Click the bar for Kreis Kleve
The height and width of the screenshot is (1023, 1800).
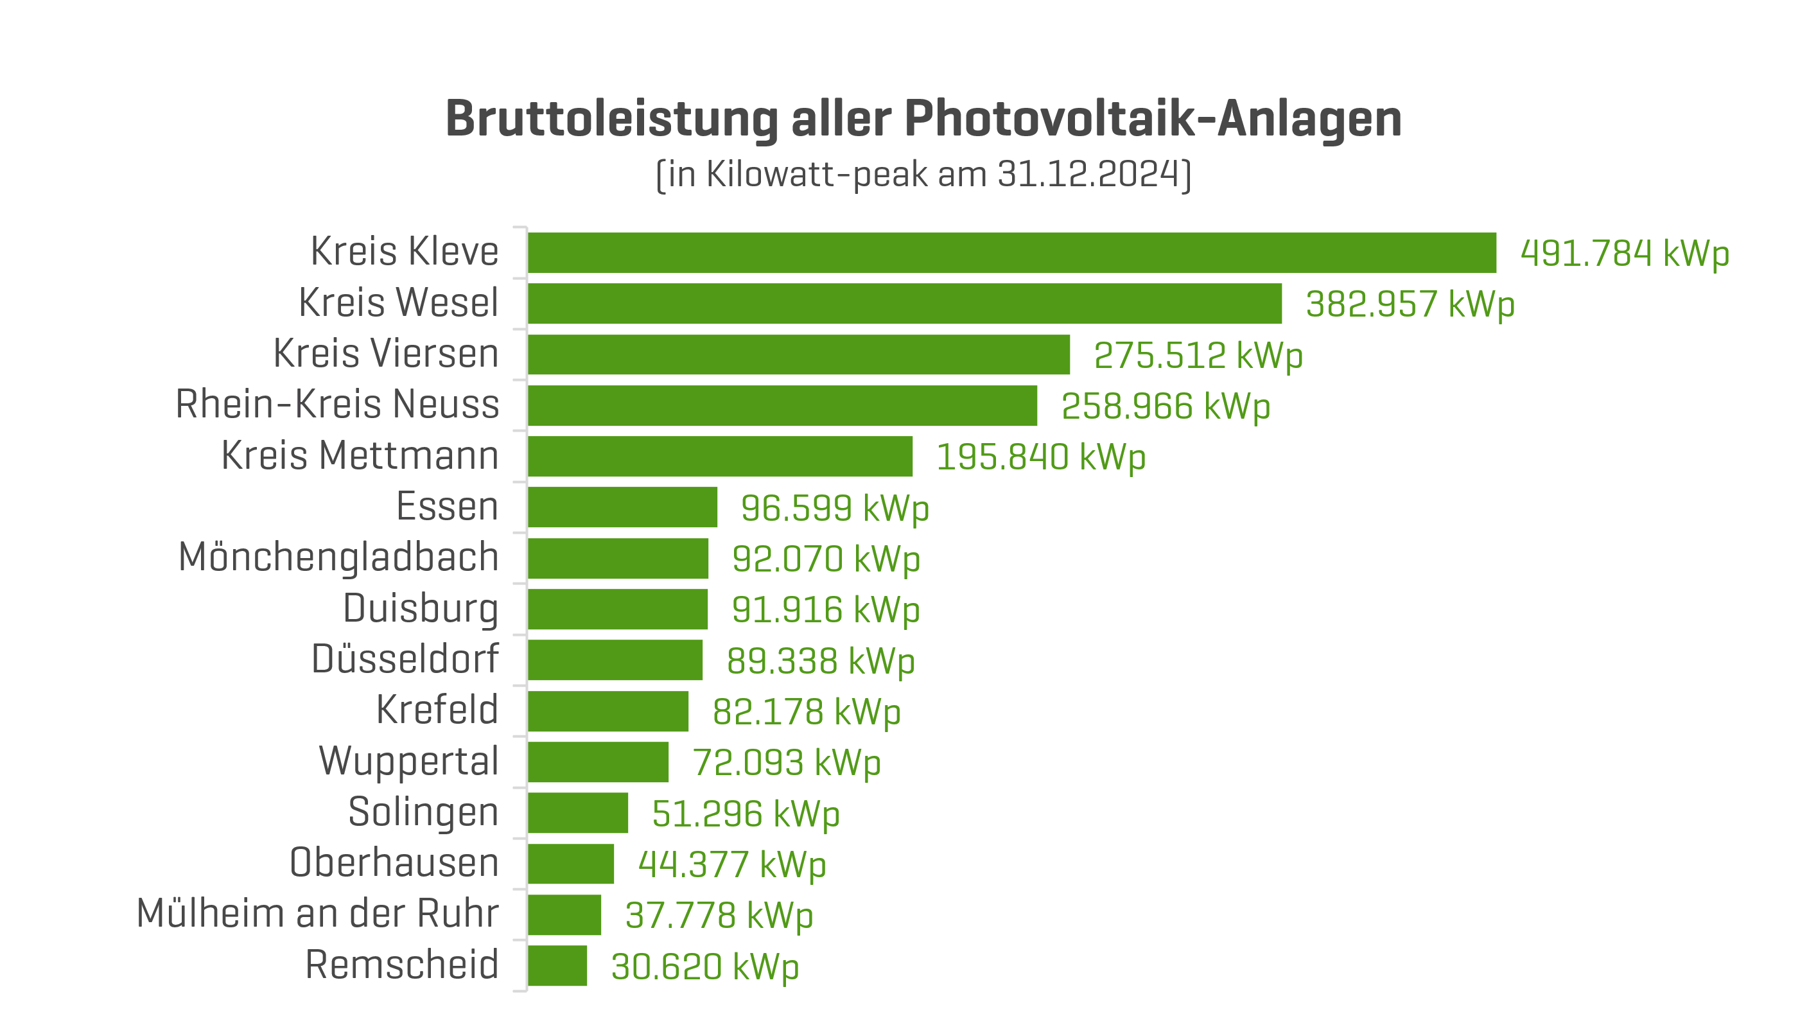pyautogui.click(x=1011, y=253)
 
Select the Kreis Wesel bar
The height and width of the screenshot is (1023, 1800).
pyautogui.click(x=905, y=304)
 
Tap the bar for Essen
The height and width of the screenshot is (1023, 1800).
pyautogui.click(x=622, y=507)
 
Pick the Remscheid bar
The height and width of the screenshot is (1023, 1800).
pyautogui.click(x=557, y=966)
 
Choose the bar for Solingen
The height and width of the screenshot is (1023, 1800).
pyautogui.click(x=577, y=813)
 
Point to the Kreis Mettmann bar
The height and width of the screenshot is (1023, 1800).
pyautogui.click(x=720, y=457)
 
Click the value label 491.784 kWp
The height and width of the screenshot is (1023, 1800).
pyautogui.click(x=1624, y=254)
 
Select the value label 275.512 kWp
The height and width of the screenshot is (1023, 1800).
pyautogui.click(x=1198, y=356)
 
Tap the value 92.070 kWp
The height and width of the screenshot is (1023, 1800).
pyautogui.click(x=826, y=559)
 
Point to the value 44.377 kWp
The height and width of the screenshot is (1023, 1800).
pyautogui.click(x=731, y=865)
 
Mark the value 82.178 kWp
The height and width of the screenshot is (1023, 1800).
pyautogui.click(x=806, y=712)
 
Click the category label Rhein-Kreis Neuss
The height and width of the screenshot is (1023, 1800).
pyautogui.click(x=337, y=405)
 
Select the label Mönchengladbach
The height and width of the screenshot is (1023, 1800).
pyautogui.click(x=338, y=558)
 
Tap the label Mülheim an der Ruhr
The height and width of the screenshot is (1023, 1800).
pyautogui.click(x=318, y=913)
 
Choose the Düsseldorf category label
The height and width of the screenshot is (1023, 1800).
pyautogui.click(x=405, y=660)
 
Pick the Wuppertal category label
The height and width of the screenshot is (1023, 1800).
pyautogui.click(x=409, y=762)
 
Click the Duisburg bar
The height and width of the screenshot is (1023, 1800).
pyautogui.click(x=618, y=609)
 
